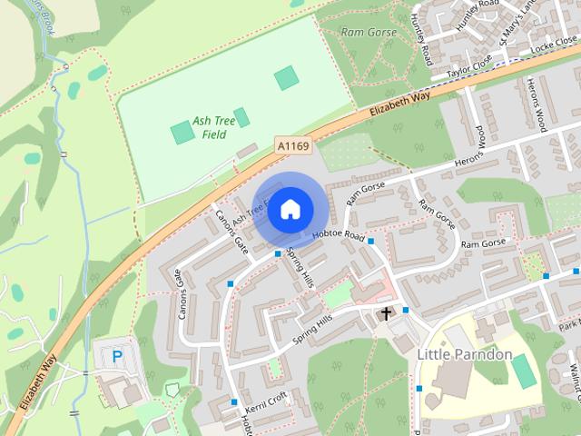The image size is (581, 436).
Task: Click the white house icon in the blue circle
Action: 290,210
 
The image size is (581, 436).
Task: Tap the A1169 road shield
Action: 292,145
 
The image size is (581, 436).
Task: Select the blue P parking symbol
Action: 116,358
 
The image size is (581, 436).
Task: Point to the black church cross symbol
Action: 386,314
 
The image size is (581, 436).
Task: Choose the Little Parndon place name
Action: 465,353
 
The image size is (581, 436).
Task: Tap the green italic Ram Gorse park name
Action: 368,33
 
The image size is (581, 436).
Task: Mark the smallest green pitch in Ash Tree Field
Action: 241,117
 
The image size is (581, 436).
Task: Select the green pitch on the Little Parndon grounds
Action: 524,370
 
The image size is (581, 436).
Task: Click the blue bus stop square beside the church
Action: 406,310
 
